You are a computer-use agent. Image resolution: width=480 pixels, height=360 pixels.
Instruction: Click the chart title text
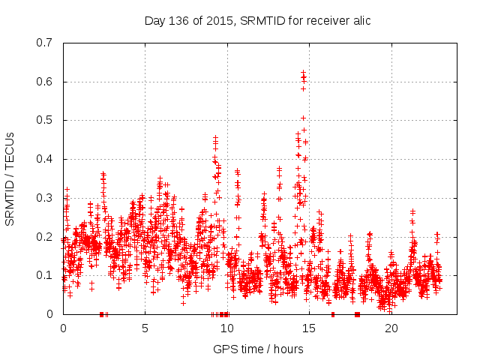[x=257, y=20]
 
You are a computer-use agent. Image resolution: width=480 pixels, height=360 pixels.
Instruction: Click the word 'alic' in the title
[x=361, y=20]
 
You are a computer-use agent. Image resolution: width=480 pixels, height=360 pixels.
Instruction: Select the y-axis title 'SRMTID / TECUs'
[x=10, y=178]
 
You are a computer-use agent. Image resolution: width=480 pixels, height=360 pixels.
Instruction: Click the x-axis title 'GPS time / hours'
[x=258, y=349]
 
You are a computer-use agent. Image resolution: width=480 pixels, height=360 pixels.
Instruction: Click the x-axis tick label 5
[x=145, y=328]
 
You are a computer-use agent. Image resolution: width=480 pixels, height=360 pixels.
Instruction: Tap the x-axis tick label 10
[x=227, y=328]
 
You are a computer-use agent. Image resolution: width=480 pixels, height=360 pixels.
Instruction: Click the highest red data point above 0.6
[x=303, y=72]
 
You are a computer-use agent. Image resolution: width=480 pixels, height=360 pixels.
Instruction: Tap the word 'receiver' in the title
[x=325, y=20]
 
